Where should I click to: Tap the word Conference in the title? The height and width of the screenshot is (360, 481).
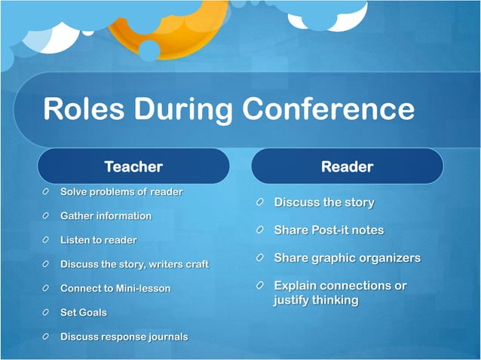(329, 109)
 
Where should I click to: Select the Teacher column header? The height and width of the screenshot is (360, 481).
(133, 166)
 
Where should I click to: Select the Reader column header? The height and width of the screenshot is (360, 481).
(347, 166)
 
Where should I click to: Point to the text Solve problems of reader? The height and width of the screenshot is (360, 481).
(121, 192)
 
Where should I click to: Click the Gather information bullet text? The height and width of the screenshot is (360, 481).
(106, 216)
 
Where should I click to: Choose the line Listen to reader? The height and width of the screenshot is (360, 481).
(99, 240)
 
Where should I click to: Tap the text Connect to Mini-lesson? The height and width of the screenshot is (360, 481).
(115, 288)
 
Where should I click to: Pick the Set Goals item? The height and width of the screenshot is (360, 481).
(84, 313)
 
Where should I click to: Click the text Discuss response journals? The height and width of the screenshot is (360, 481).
(124, 337)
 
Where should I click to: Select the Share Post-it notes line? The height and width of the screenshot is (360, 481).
(329, 230)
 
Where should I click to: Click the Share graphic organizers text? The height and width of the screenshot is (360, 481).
(347, 258)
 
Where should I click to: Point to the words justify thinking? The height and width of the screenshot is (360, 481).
(316, 300)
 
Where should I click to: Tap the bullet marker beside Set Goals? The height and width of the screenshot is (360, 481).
(47, 313)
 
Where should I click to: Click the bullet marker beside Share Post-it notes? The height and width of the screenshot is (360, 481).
(259, 230)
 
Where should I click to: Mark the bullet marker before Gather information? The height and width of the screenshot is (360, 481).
(47, 216)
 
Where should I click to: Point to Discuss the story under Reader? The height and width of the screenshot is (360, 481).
(324, 203)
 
